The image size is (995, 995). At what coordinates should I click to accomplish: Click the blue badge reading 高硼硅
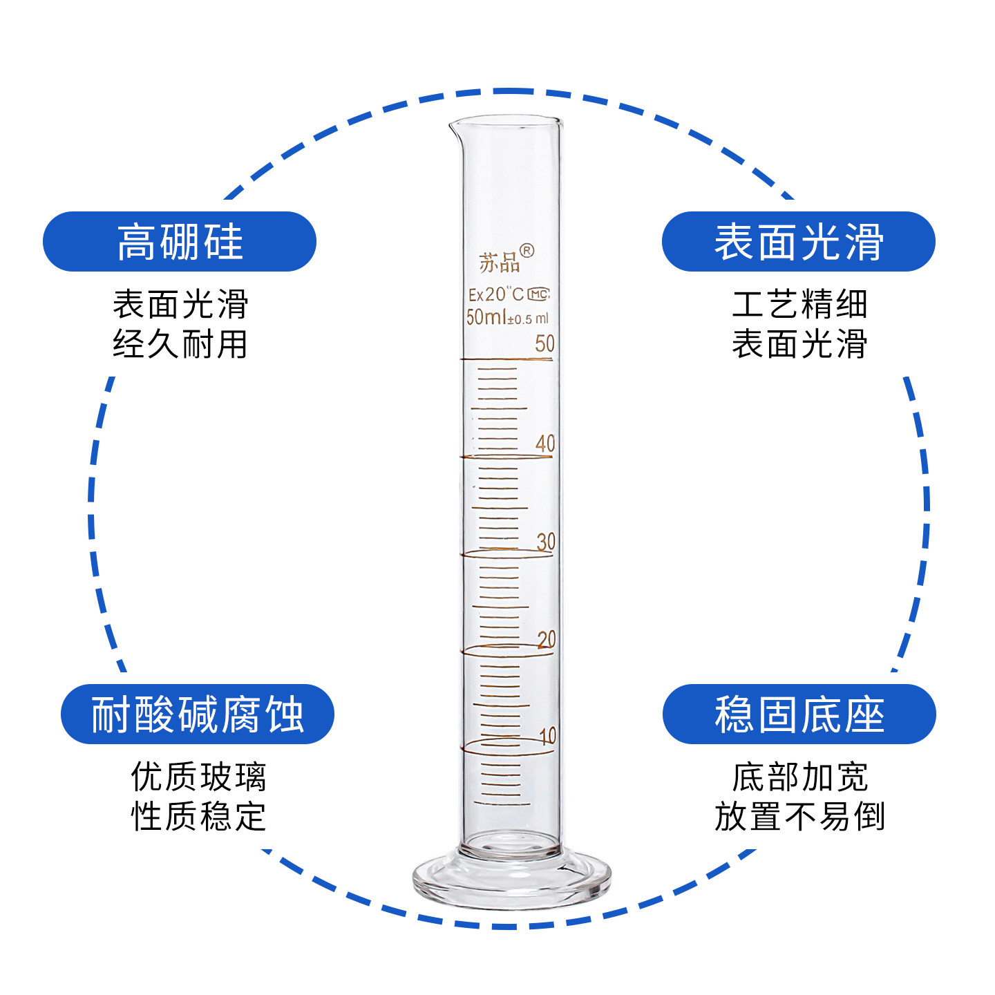(x=180, y=242)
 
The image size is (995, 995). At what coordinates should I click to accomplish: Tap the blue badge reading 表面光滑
(x=798, y=242)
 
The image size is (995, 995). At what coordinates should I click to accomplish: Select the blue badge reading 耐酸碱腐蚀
(x=198, y=714)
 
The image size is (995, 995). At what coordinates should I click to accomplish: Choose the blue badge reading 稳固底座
(x=799, y=714)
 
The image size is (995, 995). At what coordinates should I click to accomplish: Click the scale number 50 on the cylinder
(x=544, y=343)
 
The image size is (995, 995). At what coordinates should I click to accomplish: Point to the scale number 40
(x=545, y=443)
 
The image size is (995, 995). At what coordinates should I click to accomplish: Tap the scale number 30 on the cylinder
(x=546, y=542)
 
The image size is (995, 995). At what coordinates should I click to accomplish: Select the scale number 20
(x=547, y=639)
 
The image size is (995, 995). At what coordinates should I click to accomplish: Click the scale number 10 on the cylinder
(x=547, y=736)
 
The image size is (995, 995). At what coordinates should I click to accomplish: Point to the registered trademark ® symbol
(x=527, y=251)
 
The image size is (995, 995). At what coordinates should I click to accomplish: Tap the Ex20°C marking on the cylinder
(x=495, y=294)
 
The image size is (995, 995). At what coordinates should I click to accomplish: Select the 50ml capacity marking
(x=486, y=317)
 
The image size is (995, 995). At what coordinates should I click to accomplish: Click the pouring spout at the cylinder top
(x=455, y=126)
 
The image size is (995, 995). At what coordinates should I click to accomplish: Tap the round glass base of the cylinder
(x=511, y=881)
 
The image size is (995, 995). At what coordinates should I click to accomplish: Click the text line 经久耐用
(x=180, y=344)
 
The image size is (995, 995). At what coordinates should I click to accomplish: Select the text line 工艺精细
(x=799, y=304)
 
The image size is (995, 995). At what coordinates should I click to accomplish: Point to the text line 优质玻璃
(x=198, y=777)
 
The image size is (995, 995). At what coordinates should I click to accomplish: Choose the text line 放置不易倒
(x=799, y=817)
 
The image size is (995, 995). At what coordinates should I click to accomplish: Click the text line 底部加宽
(x=799, y=777)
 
